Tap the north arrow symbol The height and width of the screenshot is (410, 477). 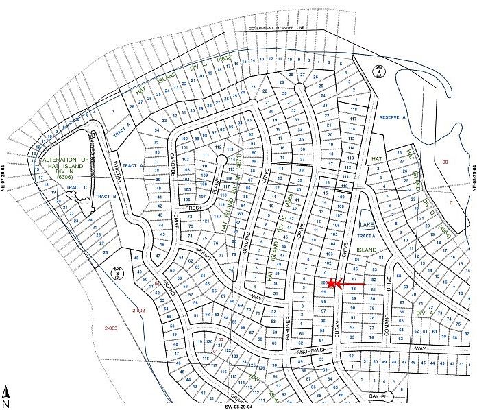pos(6,393)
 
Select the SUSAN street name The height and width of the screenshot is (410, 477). pos(338,331)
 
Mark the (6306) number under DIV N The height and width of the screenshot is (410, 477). pos(65,177)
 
